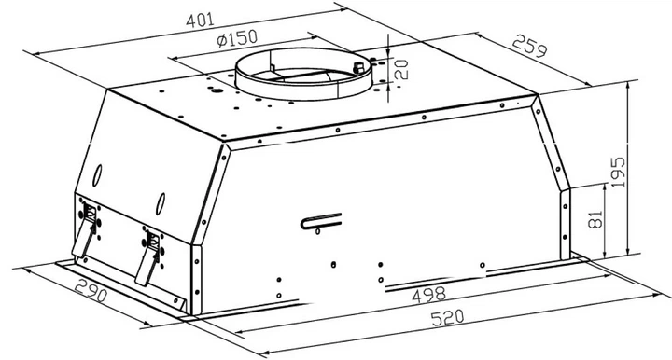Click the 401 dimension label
[200, 21]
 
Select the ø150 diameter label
[237, 38]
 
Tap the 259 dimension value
[530, 47]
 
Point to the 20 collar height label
[400, 69]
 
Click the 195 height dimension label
[618, 173]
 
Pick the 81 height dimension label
[595, 219]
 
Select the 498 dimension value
[428, 295]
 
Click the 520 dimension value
[447, 318]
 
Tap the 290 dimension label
[90, 291]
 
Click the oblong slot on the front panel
[321, 221]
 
